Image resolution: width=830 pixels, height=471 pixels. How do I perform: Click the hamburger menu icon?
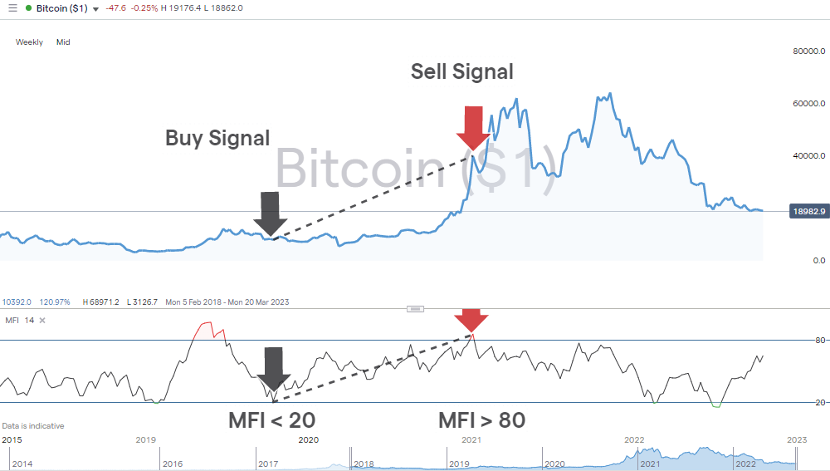[12, 8]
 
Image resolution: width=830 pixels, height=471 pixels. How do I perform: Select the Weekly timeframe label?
[30, 42]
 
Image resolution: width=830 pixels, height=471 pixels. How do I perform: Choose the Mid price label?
[63, 42]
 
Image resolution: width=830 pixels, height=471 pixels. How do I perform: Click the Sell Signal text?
[462, 72]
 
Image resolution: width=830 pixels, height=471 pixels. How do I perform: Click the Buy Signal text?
[217, 138]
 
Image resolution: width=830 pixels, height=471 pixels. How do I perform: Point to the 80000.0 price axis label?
[808, 52]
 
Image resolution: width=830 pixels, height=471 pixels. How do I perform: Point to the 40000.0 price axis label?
[808, 156]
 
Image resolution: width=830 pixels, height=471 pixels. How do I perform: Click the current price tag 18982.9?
[807, 212]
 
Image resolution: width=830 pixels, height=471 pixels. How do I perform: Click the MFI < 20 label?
[271, 420]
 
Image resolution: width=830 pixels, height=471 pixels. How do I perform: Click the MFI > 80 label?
[482, 420]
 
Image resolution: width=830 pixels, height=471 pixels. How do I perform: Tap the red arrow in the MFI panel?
[471, 320]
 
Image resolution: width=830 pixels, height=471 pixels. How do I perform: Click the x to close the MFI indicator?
[42, 320]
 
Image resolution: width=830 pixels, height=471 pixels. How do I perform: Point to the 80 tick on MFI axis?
[819, 341]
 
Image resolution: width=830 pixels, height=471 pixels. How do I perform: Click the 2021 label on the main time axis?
[471, 439]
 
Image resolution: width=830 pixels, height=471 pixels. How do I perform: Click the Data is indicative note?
[33, 426]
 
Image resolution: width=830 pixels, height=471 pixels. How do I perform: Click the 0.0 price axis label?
[818, 261]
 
